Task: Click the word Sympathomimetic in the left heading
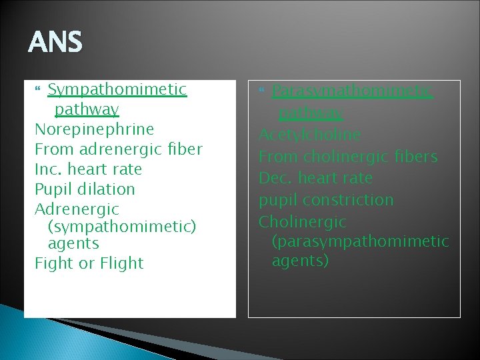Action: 117,89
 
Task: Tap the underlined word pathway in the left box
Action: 87,109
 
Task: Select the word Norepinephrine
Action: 94,129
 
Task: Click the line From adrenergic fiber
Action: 118,149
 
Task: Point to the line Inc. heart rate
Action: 88,169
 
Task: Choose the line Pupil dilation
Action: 85,189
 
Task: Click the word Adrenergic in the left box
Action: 77,209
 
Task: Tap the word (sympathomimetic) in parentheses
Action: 122,227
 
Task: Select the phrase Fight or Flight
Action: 89,263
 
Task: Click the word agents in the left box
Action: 73,244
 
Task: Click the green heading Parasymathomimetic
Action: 353,90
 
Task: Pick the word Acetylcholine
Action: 309,135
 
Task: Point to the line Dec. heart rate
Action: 315,178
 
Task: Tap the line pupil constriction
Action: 326,199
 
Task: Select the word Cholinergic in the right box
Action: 303,221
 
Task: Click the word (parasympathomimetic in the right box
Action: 360,241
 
